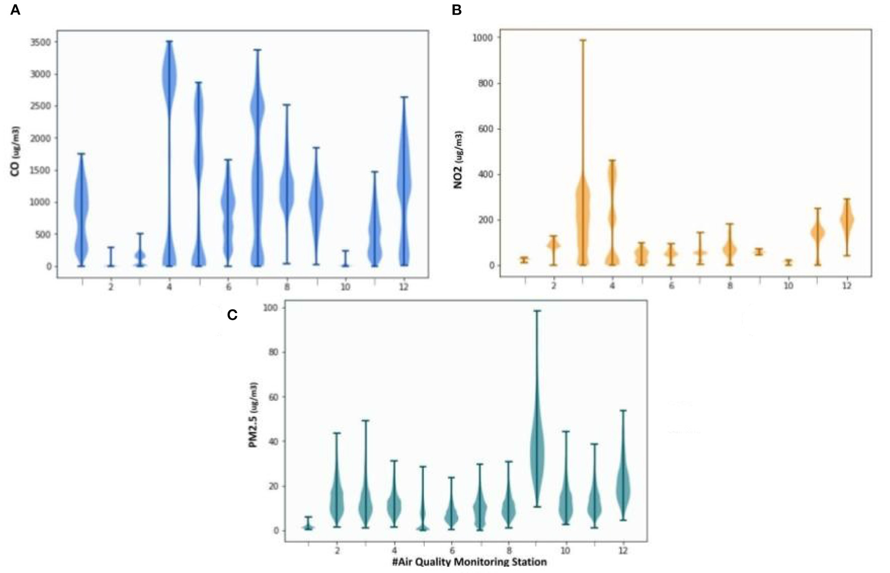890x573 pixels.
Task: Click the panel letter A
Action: tap(15, 10)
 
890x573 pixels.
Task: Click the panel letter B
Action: tap(456, 10)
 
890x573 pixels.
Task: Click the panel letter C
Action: tap(232, 315)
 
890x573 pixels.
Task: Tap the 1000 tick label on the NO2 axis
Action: tap(482, 38)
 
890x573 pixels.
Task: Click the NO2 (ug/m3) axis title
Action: tap(458, 160)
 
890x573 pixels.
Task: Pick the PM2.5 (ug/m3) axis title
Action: tap(254, 414)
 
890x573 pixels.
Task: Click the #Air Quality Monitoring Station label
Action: tap(469, 561)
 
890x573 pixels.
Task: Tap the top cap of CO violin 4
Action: tap(169, 42)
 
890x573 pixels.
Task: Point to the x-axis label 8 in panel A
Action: tap(287, 287)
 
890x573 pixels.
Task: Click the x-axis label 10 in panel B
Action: tap(788, 286)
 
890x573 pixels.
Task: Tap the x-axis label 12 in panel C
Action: tap(623, 550)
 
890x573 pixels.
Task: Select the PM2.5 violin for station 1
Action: tap(308, 526)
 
